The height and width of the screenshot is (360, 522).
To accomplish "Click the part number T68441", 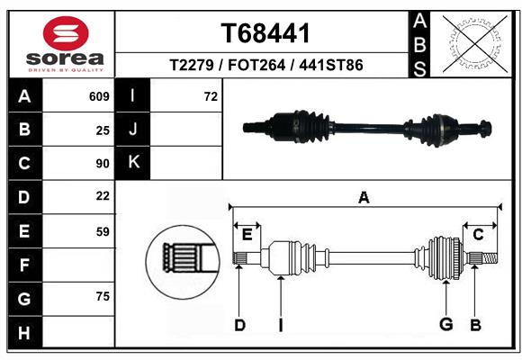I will click(x=265, y=33).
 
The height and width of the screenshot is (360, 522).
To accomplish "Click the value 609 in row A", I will click(x=99, y=96).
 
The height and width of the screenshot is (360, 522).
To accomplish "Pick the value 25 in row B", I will click(x=103, y=130).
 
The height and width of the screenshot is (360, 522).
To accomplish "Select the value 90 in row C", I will click(x=103, y=164).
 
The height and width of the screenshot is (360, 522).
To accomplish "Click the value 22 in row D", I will click(x=103, y=196).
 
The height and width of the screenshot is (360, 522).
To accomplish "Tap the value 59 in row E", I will click(x=103, y=231).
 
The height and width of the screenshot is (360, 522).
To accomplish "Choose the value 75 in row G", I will click(x=103, y=296).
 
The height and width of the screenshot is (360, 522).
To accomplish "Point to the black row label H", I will click(x=24, y=332).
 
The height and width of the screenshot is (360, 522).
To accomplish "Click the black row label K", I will click(x=133, y=163).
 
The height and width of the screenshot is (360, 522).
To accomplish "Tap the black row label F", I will click(x=24, y=265).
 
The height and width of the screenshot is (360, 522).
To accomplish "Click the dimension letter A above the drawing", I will click(x=364, y=197).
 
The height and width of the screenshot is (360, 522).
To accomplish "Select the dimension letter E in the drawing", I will click(x=247, y=235).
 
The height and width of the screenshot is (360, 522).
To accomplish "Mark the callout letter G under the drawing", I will click(x=445, y=325).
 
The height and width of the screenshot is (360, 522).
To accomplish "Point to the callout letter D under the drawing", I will click(x=239, y=325).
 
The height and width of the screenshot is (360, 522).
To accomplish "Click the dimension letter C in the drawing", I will click(x=478, y=235).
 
